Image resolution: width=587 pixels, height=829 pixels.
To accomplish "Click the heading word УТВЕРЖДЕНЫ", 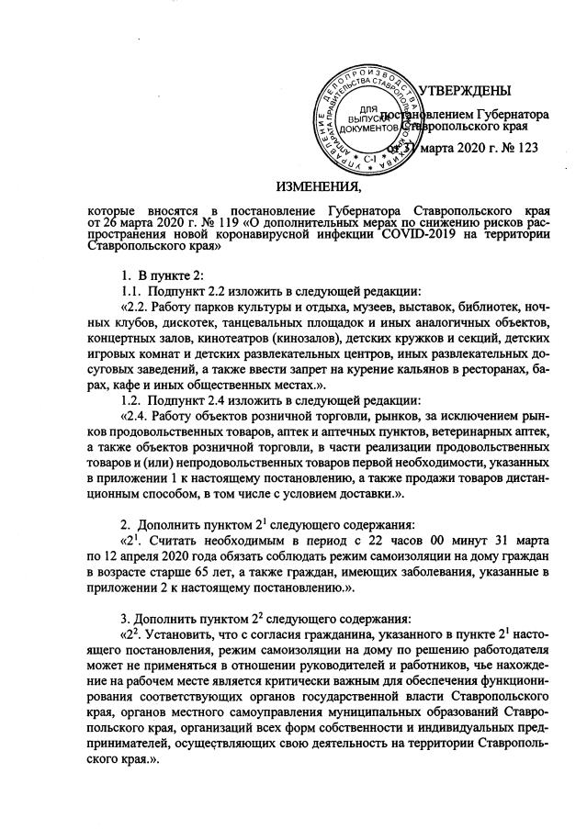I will (465, 91).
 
